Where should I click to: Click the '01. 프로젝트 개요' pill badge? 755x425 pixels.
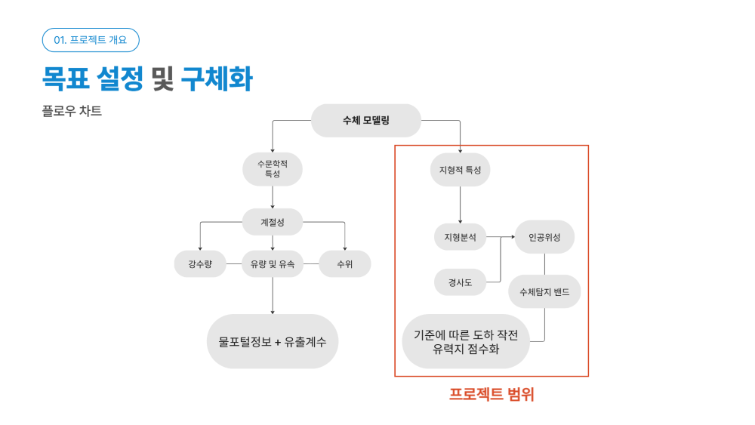91,40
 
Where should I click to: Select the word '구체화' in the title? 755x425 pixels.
217,79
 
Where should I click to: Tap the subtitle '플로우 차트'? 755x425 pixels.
72,111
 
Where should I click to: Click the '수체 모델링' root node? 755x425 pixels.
366,120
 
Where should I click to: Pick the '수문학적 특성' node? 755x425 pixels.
273,169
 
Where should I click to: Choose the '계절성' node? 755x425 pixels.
273,222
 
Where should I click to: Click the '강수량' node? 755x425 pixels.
200,263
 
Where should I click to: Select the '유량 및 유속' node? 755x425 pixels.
273,263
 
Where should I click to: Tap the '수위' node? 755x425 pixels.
345,263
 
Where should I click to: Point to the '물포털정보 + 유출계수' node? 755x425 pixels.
273,341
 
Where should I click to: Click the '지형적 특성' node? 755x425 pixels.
461,170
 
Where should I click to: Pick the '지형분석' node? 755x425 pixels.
461,237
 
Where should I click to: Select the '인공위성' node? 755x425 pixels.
544,237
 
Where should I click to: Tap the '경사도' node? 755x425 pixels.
461,282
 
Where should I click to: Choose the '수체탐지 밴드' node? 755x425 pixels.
544,291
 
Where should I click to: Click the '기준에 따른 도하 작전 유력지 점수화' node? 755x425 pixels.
466,341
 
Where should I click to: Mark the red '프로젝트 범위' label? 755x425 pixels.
492,394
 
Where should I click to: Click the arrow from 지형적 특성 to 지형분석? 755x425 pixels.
461,205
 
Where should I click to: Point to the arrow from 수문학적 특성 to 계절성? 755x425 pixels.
273,197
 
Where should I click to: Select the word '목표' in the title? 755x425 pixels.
66,79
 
